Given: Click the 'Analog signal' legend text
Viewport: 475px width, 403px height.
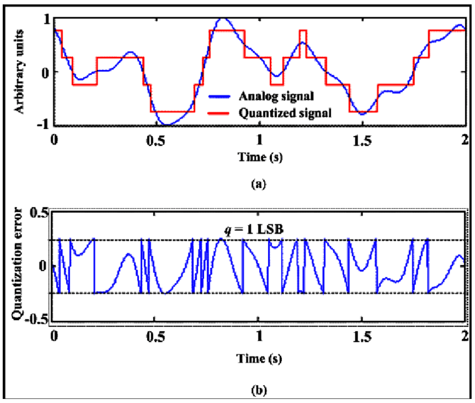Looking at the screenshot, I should tap(276, 96).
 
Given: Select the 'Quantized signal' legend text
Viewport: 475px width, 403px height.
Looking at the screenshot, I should tap(285, 113).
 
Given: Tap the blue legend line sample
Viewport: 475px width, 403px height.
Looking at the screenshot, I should tap(219, 97).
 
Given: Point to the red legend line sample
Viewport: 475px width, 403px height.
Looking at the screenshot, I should tap(218, 113).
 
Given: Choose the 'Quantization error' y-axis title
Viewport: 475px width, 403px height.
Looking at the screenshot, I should tap(17, 264).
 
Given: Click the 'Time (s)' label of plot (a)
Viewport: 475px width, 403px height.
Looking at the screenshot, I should tap(260, 157).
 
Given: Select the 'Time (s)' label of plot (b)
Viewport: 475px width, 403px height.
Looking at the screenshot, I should tap(259, 359).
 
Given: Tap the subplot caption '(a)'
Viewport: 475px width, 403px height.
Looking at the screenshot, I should tap(259, 184).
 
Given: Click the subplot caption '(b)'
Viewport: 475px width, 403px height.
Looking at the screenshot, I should tap(259, 390).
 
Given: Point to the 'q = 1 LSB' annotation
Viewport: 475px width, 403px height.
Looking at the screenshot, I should tap(254, 229).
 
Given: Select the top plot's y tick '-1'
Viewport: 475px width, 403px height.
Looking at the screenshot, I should tap(43, 124).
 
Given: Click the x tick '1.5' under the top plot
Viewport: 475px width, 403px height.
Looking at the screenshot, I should tap(362, 140).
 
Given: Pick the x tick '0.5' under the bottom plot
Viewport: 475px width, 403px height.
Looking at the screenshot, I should tap(156, 337).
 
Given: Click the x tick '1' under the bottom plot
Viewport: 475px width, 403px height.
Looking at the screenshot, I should tap(260, 336).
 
